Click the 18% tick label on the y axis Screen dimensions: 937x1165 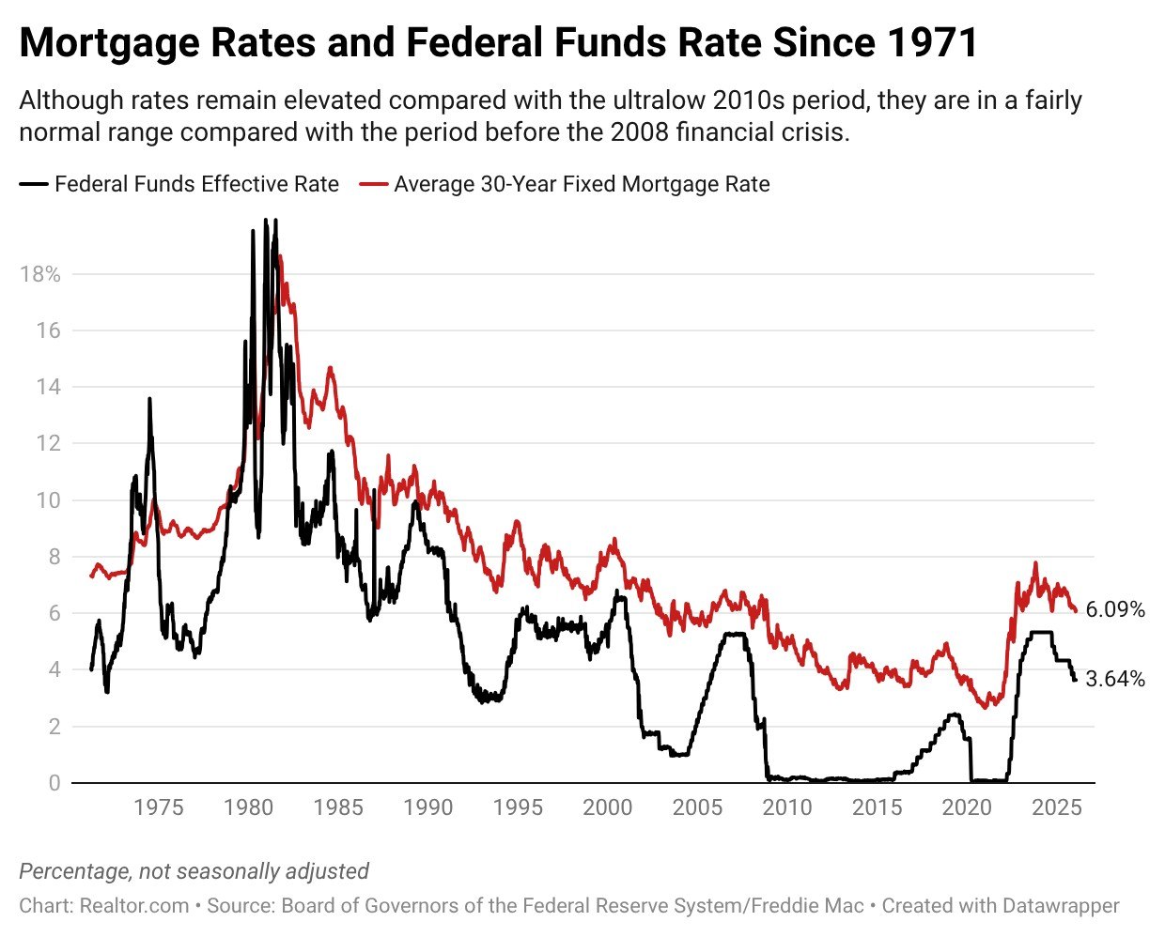click(39, 274)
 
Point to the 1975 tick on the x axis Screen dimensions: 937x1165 click(158, 807)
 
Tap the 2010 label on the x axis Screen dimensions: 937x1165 click(786, 807)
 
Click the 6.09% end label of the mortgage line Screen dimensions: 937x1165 click(1115, 610)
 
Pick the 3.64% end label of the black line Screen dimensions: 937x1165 click(1115, 679)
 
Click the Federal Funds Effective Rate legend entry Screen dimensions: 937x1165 click(196, 184)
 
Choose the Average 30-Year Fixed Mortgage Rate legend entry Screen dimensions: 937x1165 click(582, 184)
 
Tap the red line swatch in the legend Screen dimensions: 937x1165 click(373, 184)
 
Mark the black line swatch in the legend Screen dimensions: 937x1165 click(34, 184)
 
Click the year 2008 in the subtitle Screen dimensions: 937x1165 click(641, 132)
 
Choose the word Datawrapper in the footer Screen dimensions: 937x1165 click(1061, 906)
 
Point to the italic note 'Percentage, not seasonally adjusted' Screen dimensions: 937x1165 click(194, 871)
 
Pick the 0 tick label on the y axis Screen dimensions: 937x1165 click(54, 782)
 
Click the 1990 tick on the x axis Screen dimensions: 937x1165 click(427, 807)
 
